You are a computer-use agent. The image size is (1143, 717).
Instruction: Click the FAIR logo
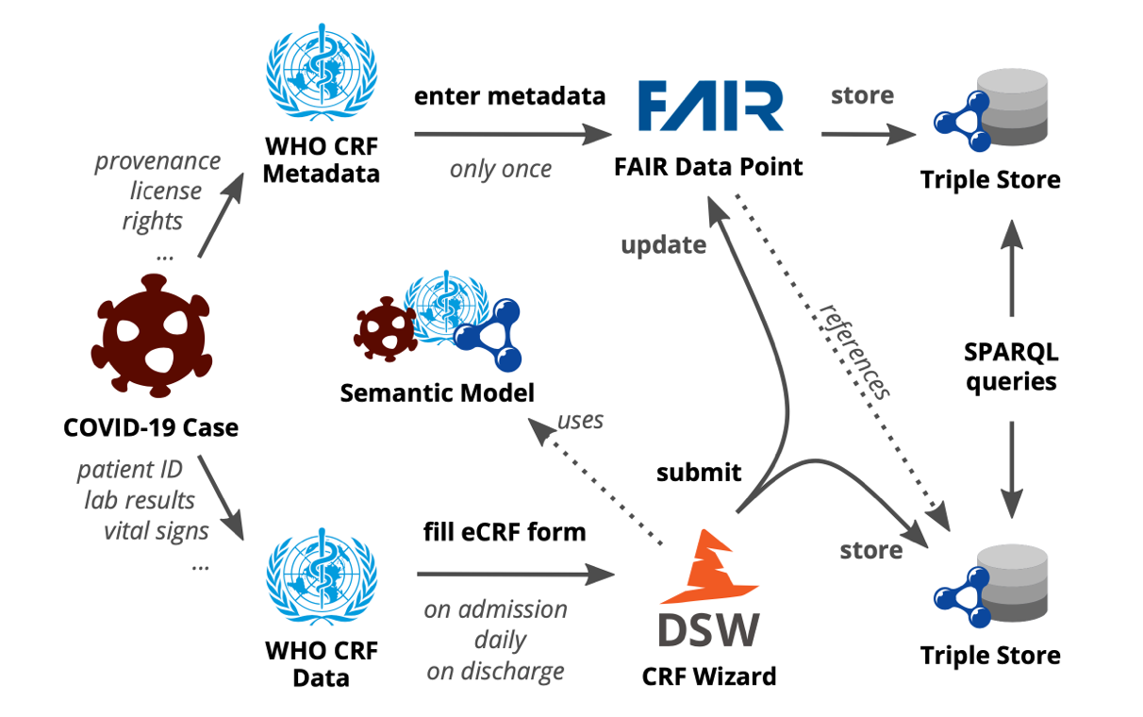point(711,107)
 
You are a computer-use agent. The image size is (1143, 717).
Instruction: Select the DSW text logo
point(708,631)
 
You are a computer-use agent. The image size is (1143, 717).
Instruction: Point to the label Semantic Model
point(437,392)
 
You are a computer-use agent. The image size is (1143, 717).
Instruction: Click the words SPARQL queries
point(1010,367)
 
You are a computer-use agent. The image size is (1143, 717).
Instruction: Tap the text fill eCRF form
point(504,532)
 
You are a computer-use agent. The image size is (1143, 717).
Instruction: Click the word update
point(663,244)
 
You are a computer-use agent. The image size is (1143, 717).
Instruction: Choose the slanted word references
point(853,352)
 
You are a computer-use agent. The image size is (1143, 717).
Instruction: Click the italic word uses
point(580,420)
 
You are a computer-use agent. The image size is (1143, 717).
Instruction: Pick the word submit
point(699,472)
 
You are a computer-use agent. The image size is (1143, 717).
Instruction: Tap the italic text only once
point(500,170)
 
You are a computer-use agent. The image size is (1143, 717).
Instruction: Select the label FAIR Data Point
point(707,168)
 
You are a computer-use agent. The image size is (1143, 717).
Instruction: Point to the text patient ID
point(130,469)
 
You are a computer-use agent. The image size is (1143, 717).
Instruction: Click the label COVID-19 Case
point(150,428)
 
